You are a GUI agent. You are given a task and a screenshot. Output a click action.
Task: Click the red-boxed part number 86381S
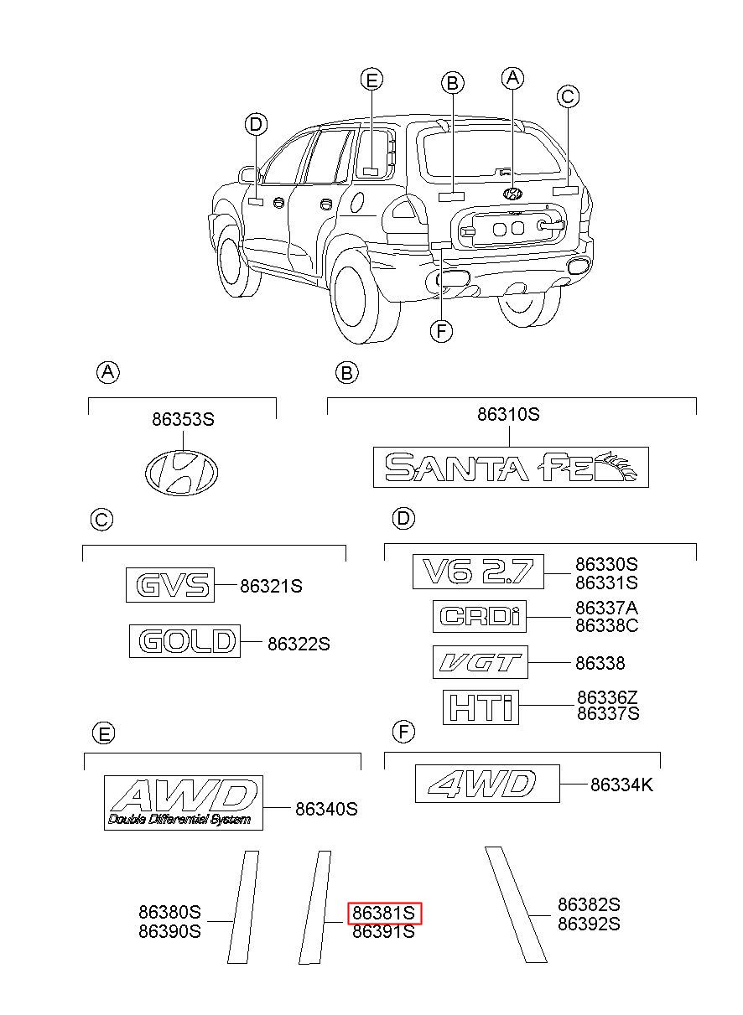pyautogui.click(x=384, y=913)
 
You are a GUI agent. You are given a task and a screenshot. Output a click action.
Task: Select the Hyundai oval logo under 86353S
pyautogui.click(x=181, y=472)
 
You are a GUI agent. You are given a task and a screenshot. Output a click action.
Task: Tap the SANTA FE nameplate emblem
pyautogui.click(x=511, y=467)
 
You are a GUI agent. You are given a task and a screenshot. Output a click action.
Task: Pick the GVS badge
pyautogui.click(x=170, y=585)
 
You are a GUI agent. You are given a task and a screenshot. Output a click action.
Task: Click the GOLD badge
pyautogui.click(x=184, y=640)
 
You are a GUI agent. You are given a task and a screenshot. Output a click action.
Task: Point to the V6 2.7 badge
pyautogui.click(x=478, y=572)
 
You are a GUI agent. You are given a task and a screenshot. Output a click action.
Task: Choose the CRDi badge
pyautogui.click(x=480, y=616)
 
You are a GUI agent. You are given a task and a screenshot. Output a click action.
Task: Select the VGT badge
pyautogui.click(x=481, y=662)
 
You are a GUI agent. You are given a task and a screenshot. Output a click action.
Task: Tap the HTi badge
pyautogui.click(x=481, y=707)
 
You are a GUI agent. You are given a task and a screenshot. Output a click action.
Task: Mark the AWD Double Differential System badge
pyautogui.click(x=184, y=802)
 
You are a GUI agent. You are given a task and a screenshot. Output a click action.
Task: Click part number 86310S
pyautogui.click(x=509, y=414)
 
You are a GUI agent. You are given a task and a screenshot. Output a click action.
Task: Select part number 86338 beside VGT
pyautogui.click(x=600, y=663)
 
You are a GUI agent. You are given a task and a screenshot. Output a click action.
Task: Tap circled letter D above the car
pyautogui.click(x=256, y=124)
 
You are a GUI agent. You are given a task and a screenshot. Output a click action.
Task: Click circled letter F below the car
pyautogui.click(x=441, y=331)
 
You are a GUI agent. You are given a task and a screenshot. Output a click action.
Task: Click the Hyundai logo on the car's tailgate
pyautogui.click(x=512, y=194)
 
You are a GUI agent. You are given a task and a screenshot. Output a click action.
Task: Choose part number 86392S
pyautogui.click(x=589, y=924)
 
